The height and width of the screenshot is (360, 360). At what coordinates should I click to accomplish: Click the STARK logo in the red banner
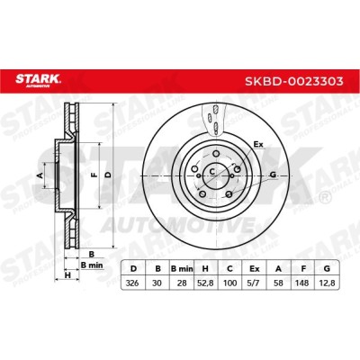pyautogui.click(x=38, y=81)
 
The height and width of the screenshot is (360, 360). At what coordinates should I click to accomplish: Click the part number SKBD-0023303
pyautogui.click(x=294, y=81)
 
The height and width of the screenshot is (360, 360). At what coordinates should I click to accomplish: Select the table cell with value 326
pyautogui.click(x=133, y=283)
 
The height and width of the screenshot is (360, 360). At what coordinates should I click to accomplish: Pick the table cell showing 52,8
pyautogui.click(x=205, y=283)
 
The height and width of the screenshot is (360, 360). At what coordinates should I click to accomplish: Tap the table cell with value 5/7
pyautogui.click(x=255, y=283)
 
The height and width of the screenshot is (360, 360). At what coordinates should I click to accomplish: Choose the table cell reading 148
pyautogui.click(x=303, y=283)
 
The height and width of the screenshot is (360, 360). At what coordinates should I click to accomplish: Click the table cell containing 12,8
pyautogui.click(x=328, y=283)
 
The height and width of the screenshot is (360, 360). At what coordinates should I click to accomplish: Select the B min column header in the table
pyautogui.click(x=182, y=268)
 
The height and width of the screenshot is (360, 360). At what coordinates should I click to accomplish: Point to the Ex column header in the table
pyautogui.click(x=255, y=268)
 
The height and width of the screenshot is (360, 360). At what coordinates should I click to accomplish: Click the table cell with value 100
pyautogui.click(x=229, y=283)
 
